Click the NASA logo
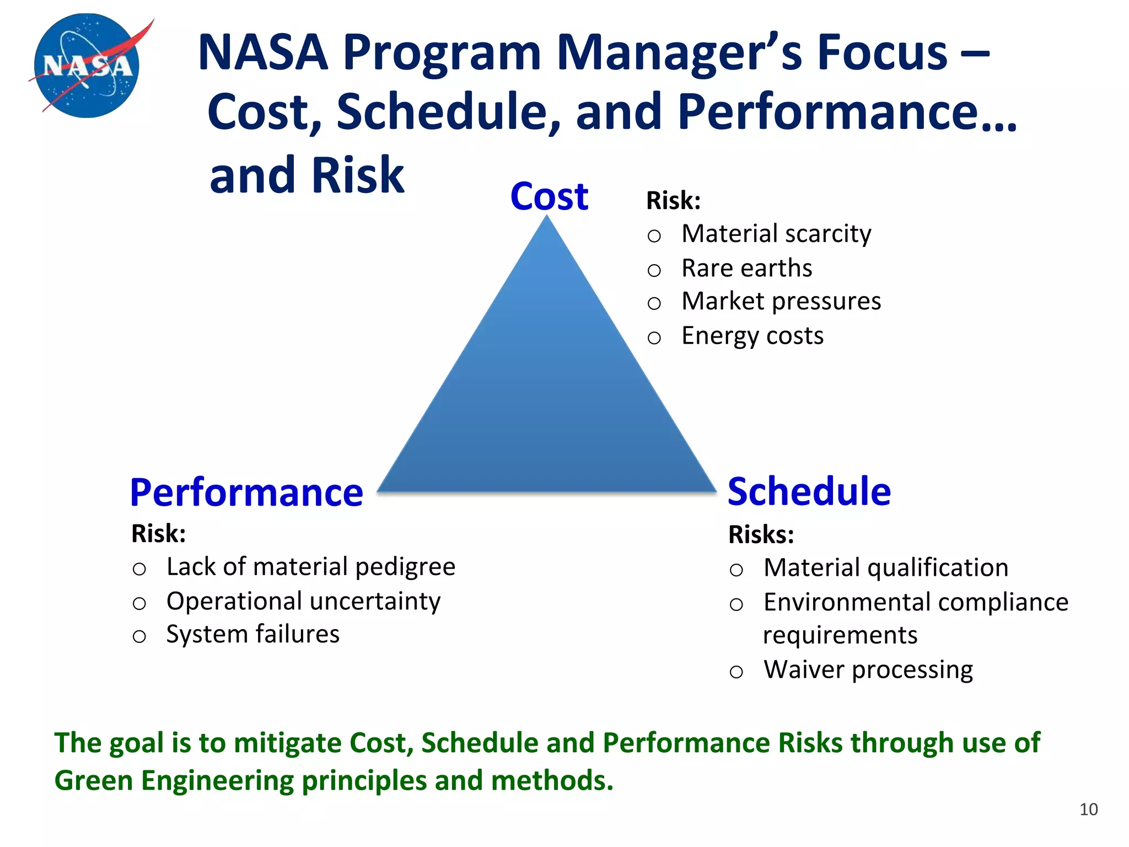[x=87, y=65]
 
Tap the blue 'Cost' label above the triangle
[x=549, y=196]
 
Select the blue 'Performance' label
[x=246, y=492]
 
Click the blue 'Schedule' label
[x=809, y=491]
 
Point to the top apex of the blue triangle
[x=547, y=219]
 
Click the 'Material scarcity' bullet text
[x=776, y=234]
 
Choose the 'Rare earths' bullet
[x=746, y=268]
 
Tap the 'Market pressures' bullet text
[x=781, y=302]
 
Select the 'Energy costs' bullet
[x=752, y=335]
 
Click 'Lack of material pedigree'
[x=311, y=567]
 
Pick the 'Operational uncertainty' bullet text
[x=303, y=601]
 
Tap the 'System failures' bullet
[x=252, y=634]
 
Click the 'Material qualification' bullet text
[x=885, y=568]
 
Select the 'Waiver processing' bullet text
[x=868, y=669]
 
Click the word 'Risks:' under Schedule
[x=761, y=534]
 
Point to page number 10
[x=1088, y=809]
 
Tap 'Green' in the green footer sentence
[x=94, y=781]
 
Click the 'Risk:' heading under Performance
[x=158, y=533]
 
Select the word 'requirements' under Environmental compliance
[x=840, y=635]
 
